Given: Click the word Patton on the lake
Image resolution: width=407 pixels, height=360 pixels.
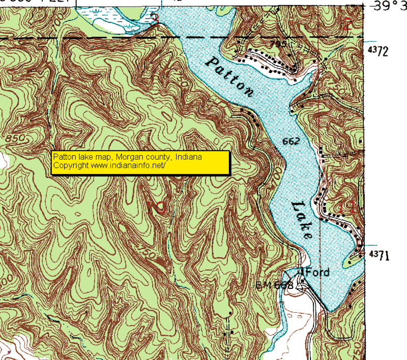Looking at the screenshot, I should pos(230,76).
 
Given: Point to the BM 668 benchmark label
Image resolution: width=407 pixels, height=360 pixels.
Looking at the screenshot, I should pos(275,285).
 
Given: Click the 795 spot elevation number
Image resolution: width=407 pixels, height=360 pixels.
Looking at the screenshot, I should pos(278,44).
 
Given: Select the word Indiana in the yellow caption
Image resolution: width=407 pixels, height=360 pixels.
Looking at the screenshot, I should pos(189,157).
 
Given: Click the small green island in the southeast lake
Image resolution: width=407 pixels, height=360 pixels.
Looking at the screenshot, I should pos(350,262).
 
